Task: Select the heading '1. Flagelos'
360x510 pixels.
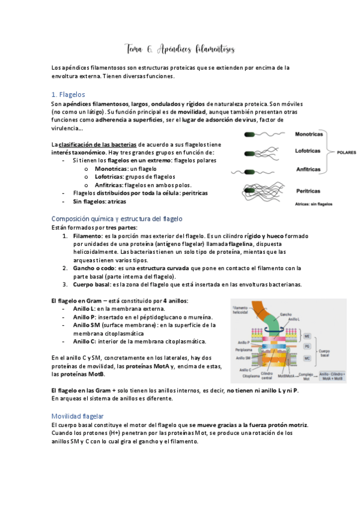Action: coord(68,94)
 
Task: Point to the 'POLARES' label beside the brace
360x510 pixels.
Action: coord(346,152)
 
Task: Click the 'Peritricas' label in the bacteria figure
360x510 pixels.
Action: coord(308,191)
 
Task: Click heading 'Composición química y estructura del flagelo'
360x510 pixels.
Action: coord(117,218)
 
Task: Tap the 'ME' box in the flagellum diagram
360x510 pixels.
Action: coord(307,336)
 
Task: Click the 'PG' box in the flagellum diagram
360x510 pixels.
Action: coord(307,347)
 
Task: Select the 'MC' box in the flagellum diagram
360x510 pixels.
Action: coord(307,358)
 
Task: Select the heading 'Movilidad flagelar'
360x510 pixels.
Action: coord(78,399)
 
